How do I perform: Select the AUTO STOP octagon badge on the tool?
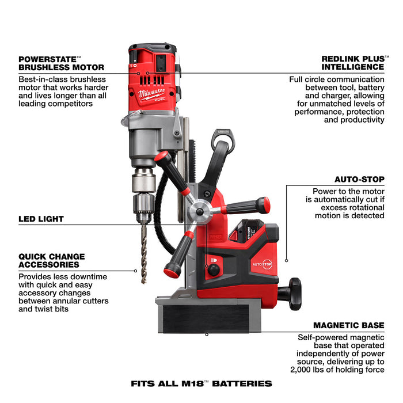click(262, 264)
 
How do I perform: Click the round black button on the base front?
click(214, 269)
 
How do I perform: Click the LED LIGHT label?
click(41, 219)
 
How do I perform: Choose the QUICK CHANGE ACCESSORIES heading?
click(51, 260)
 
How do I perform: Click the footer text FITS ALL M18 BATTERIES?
click(201, 383)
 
